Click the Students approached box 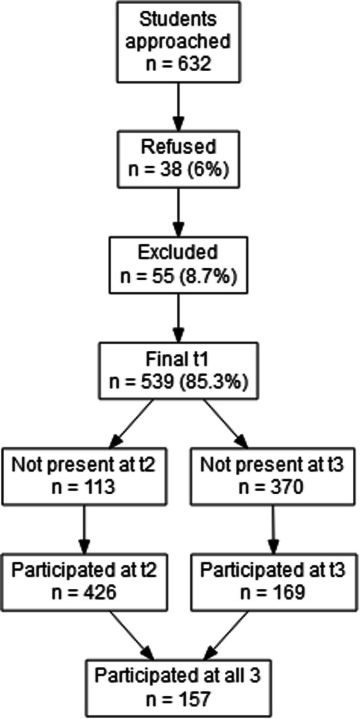coord(179,41)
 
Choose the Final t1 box coord(179,371)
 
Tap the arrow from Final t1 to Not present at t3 coord(226,422)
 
